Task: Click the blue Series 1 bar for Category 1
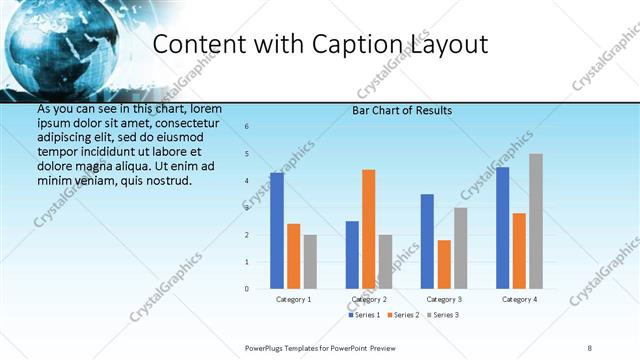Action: point(277,231)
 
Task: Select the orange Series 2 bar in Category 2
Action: point(369,229)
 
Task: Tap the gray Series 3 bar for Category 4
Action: point(536,221)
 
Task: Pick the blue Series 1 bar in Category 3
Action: point(427,241)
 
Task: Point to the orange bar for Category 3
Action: point(444,264)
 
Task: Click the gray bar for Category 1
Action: point(310,262)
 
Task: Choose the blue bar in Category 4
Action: point(502,228)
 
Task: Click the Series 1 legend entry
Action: point(364,315)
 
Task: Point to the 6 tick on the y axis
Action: point(247,127)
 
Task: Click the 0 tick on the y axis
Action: point(247,289)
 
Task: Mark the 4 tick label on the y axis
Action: point(247,181)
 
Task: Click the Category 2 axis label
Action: point(370,300)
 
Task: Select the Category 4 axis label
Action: point(519,300)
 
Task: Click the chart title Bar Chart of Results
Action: point(402,110)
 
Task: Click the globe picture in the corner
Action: point(60,45)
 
